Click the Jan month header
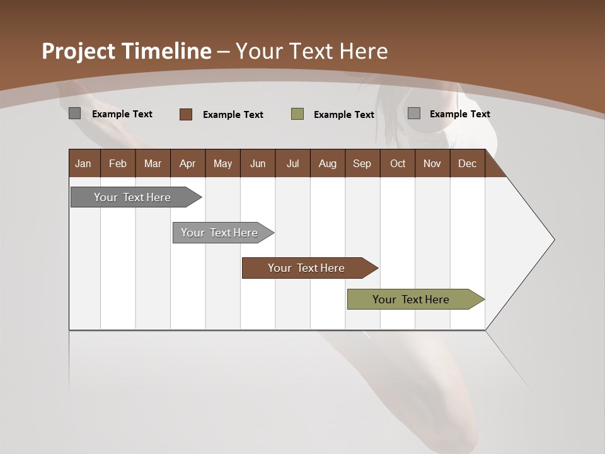click(x=84, y=164)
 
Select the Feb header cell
click(x=118, y=164)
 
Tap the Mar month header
click(x=153, y=164)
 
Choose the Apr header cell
click(x=188, y=164)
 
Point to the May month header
click(x=222, y=164)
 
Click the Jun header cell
click(x=258, y=164)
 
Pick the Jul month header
click(x=292, y=164)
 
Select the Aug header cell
click(x=328, y=164)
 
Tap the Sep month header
click(x=362, y=164)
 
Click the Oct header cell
click(x=398, y=164)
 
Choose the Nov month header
click(x=432, y=164)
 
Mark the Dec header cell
click(x=468, y=164)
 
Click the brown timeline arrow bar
click(x=307, y=268)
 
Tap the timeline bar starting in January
click(x=133, y=197)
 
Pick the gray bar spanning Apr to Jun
click(x=220, y=233)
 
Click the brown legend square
click(x=186, y=114)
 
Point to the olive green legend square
click(x=297, y=114)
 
